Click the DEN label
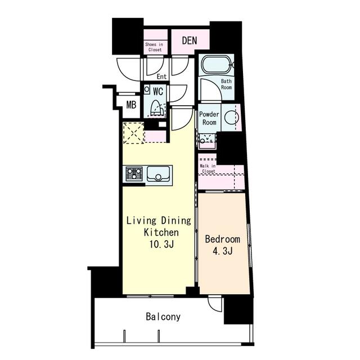coord(190,40)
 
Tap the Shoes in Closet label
coord(154,47)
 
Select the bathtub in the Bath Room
coord(217,64)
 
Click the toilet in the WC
coord(157,109)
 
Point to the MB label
coord(131,105)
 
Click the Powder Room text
coord(209,118)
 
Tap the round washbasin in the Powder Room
coord(231,118)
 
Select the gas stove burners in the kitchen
coord(134,174)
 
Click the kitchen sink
coord(158,174)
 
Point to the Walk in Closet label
coord(208,169)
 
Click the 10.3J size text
coord(161,244)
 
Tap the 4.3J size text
coord(223,251)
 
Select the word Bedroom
coord(223,239)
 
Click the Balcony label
coord(163,317)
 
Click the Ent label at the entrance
coord(161,76)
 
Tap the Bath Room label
coord(226,84)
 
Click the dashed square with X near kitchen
coord(133,133)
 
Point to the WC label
coord(158,91)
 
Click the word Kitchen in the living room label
coord(161,232)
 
